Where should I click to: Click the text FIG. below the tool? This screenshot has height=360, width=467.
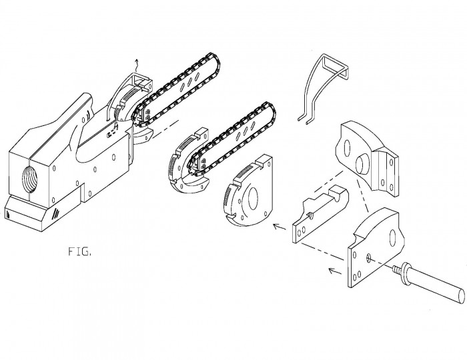pyautogui.click(x=79, y=252)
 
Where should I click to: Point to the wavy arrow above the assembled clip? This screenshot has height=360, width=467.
pyautogui.click(x=137, y=65)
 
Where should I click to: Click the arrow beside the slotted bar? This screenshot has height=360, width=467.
pyautogui.click(x=280, y=227)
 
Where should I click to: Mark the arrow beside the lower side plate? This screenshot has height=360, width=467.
pyautogui.click(x=335, y=271)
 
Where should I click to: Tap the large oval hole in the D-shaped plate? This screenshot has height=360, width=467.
pyautogui.click(x=253, y=199)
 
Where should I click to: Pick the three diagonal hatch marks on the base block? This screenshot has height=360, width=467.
pyautogui.click(x=55, y=213)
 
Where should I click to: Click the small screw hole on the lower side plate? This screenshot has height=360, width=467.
pyautogui.click(x=370, y=257)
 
